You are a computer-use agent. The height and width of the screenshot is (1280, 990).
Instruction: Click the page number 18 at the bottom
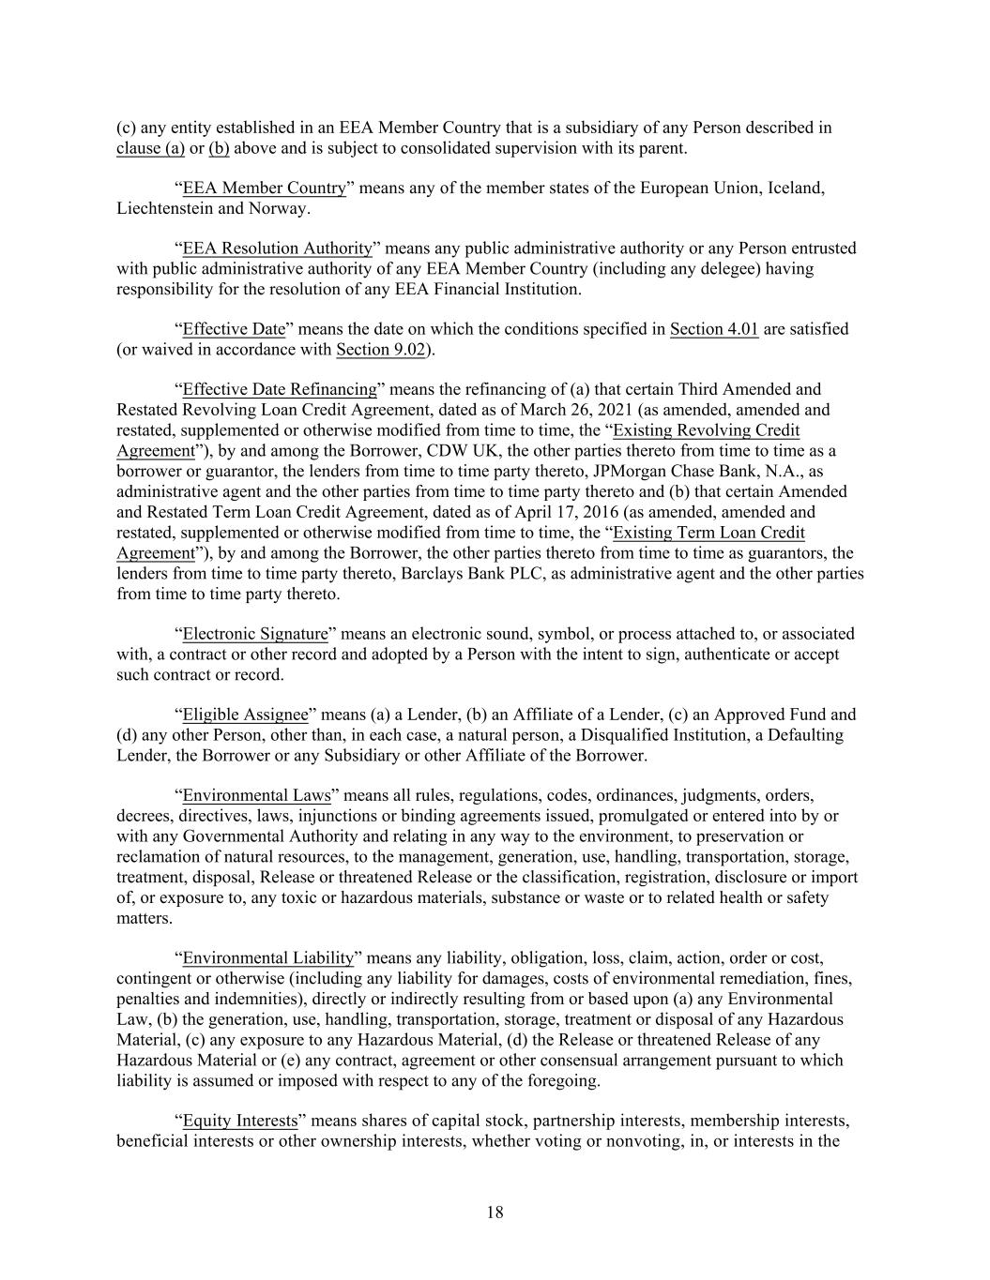click(x=495, y=1212)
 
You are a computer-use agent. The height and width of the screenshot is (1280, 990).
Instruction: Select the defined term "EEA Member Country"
click(x=264, y=188)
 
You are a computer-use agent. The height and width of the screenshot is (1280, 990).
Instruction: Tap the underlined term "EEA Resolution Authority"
click(x=277, y=248)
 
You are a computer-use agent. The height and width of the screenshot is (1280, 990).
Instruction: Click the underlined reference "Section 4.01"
click(x=713, y=329)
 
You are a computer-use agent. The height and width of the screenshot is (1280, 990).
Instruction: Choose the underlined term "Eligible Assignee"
click(x=245, y=715)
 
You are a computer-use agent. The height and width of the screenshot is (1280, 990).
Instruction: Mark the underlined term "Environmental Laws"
click(x=256, y=795)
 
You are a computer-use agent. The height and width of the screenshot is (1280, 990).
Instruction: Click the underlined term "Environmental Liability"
click(x=267, y=958)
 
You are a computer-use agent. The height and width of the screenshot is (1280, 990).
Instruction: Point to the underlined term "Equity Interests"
click(x=239, y=1121)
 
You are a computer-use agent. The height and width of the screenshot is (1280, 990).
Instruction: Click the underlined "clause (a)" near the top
click(x=150, y=148)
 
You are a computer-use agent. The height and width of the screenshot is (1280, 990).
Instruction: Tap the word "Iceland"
click(x=796, y=188)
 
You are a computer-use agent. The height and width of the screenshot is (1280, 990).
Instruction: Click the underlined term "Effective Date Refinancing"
click(x=280, y=390)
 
